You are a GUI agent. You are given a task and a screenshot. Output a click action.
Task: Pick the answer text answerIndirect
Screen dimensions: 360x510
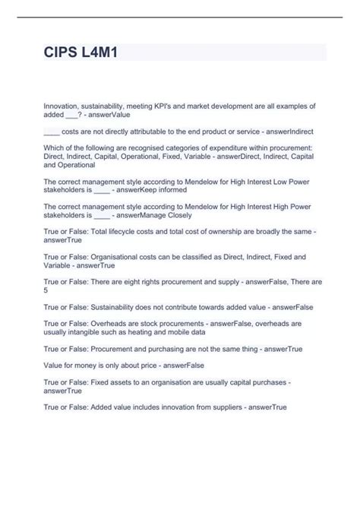[x=288, y=131]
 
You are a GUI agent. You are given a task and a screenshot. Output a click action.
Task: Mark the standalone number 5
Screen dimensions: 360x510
[x=46, y=290]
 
